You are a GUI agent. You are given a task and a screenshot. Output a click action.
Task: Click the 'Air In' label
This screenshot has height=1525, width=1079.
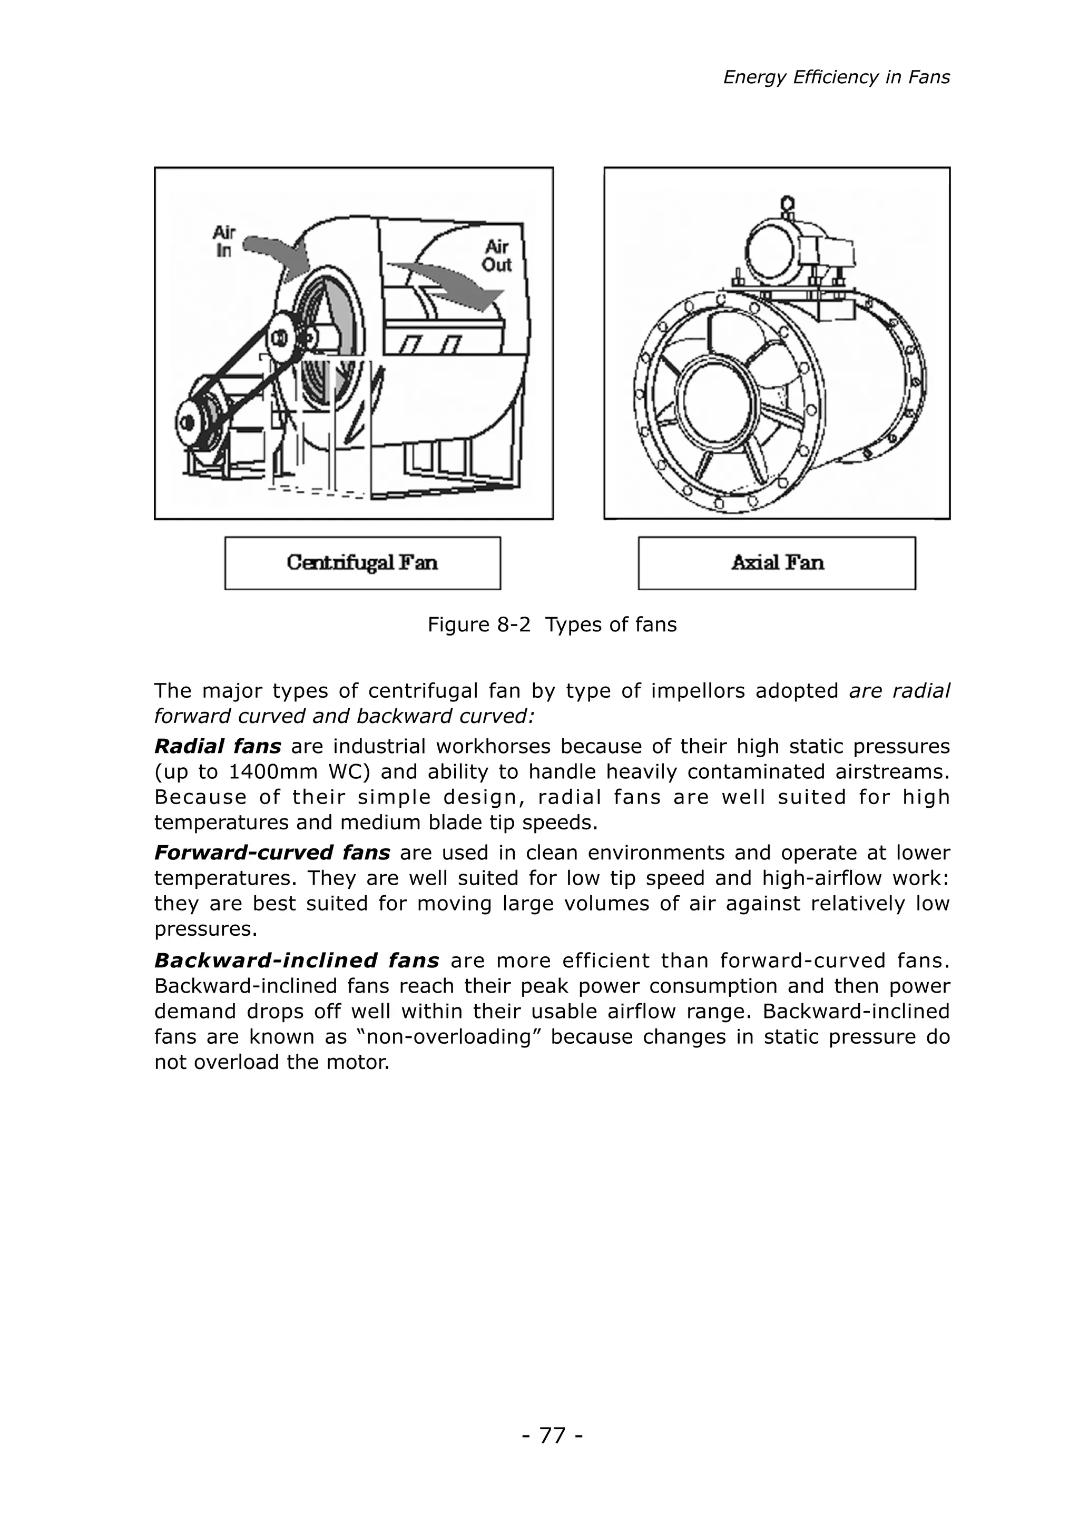point(224,242)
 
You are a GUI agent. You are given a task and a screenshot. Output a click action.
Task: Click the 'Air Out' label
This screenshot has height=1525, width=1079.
point(496,256)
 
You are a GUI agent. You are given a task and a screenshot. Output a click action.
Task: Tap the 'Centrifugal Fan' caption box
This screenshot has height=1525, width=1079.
point(362,563)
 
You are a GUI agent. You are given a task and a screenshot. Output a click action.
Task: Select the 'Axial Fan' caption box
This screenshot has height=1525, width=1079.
point(777,563)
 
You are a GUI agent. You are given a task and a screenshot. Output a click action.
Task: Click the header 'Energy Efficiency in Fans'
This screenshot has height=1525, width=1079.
point(836,78)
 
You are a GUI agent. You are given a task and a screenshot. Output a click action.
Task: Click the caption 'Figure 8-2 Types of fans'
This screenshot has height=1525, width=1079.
point(552,625)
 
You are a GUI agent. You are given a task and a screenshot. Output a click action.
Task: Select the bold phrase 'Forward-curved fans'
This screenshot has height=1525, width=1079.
point(272,853)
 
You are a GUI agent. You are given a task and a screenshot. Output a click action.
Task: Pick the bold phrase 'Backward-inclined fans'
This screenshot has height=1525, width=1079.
point(296,960)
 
